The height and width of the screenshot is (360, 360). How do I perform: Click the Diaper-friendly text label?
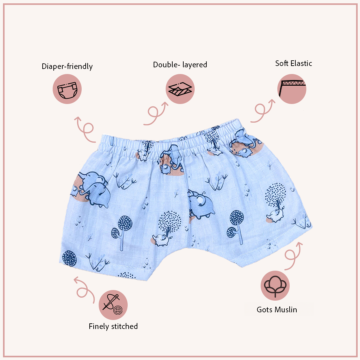pyautogui.click(x=67, y=66)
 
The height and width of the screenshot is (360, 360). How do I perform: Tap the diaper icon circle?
pyautogui.click(x=67, y=89)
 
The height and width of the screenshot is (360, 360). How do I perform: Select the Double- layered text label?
pyautogui.click(x=180, y=65)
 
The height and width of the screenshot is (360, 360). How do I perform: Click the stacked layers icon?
pyautogui.click(x=180, y=89)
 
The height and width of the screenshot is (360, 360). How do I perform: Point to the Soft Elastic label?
pyautogui.click(x=294, y=63)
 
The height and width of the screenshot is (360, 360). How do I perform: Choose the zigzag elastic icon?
pyautogui.click(x=292, y=89)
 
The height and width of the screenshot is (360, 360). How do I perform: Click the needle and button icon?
pyautogui.click(x=113, y=305)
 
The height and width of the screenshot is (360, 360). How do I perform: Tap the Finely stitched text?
pyautogui.click(x=113, y=326)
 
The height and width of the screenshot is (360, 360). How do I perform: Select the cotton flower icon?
pyautogui.click(x=275, y=286)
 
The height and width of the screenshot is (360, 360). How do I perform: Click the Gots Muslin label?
pyautogui.click(x=277, y=310)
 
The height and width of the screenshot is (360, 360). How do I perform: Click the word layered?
pyautogui.click(x=194, y=65)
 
